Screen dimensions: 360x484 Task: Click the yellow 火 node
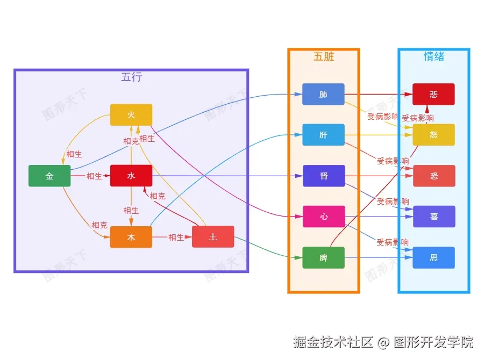(x=131, y=114)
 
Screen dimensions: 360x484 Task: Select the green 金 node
(x=49, y=176)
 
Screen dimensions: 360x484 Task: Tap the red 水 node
(x=131, y=176)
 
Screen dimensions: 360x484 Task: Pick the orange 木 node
(x=131, y=237)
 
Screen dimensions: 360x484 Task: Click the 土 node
(x=213, y=237)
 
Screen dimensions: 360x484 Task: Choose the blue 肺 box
(x=323, y=94)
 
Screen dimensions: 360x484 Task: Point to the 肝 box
(x=323, y=135)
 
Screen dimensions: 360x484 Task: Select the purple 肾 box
(x=323, y=176)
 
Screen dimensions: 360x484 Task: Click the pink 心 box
(x=323, y=217)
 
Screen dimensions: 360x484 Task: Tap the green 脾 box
(x=323, y=257)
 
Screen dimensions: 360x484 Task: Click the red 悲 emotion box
(x=433, y=94)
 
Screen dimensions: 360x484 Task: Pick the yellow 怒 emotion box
(x=433, y=135)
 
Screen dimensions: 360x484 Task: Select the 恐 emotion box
(x=433, y=176)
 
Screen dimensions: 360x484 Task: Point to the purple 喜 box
(x=433, y=217)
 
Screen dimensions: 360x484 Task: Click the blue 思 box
(x=433, y=257)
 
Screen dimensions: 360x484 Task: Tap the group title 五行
(x=131, y=77)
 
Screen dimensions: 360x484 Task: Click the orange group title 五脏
(x=323, y=56)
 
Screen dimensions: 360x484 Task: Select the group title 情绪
(x=433, y=56)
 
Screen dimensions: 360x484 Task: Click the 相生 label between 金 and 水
(x=94, y=176)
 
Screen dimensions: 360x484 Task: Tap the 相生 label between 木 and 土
(x=176, y=237)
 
